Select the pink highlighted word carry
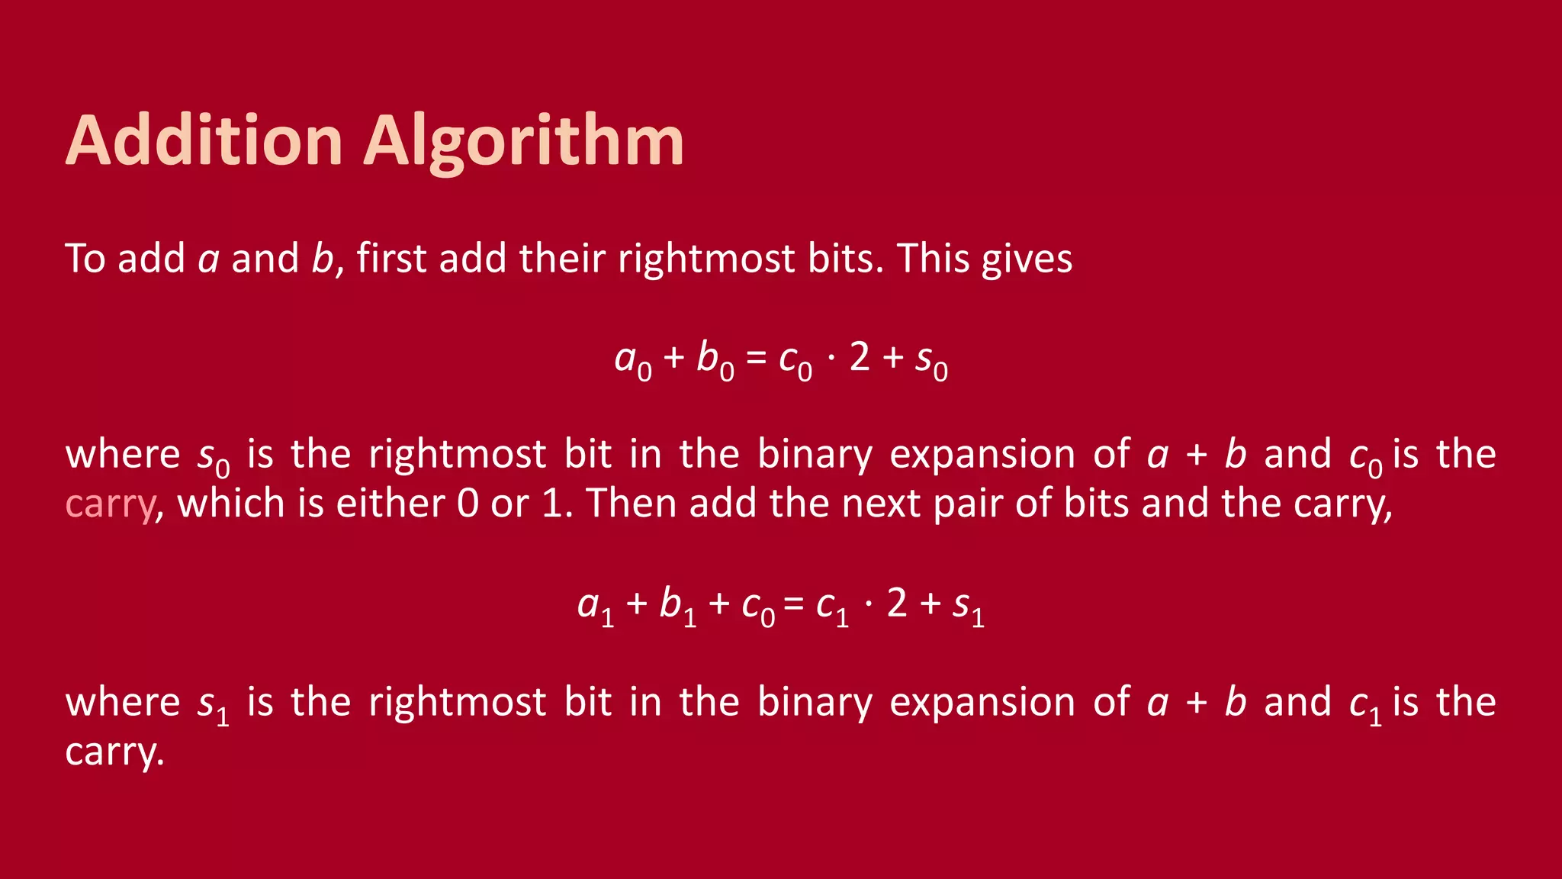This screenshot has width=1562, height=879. pos(111,504)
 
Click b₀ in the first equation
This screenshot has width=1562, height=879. pos(715,359)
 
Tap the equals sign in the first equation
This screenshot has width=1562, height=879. pos(756,358)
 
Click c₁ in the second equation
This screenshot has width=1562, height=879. pos(832,606)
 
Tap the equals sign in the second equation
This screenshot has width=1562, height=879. pos(794,604)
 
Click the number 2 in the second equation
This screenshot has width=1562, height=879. pos(897,603)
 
